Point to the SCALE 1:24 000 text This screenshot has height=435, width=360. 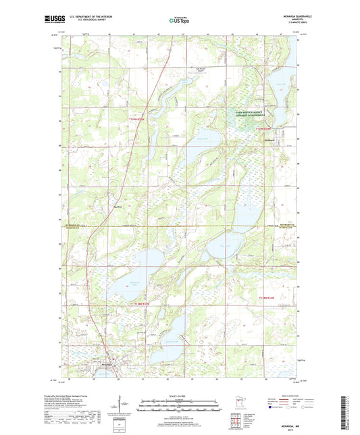click(180, 395)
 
